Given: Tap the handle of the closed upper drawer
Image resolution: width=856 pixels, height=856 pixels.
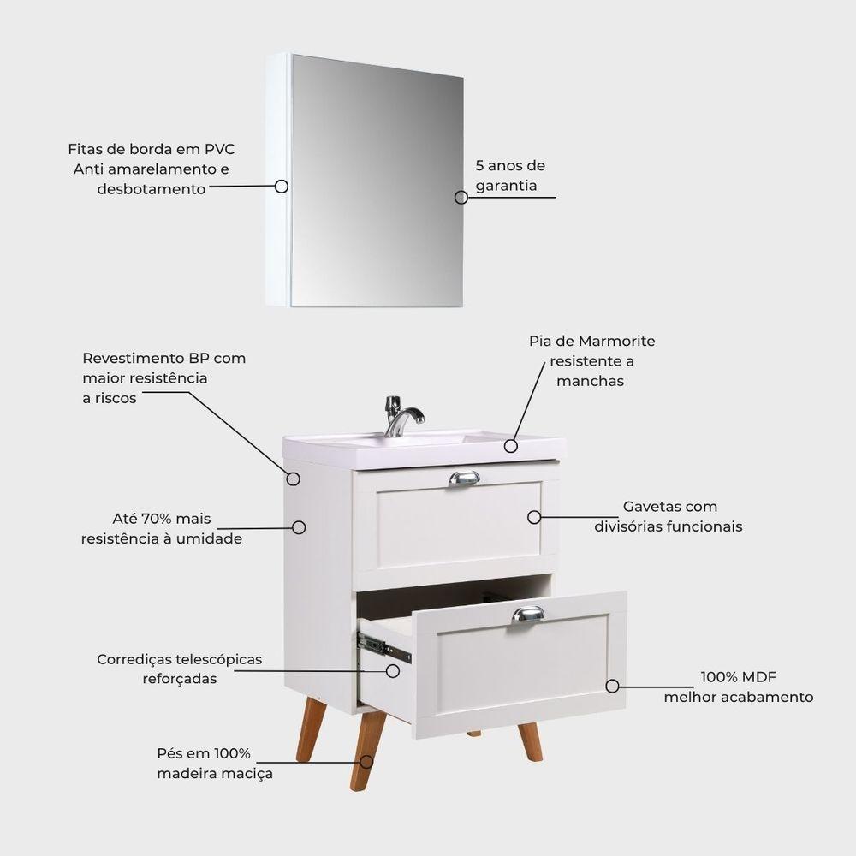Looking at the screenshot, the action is point(464,479).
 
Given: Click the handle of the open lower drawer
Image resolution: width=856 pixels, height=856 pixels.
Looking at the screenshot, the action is point(528,615).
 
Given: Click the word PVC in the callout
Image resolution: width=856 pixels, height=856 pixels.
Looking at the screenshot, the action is point(219,149).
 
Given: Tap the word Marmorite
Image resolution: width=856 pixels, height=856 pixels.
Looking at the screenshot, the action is point(617,342).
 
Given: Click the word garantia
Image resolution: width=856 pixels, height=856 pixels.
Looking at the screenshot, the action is point(506,186).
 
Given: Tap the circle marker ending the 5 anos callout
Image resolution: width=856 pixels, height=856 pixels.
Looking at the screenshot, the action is point(461,198).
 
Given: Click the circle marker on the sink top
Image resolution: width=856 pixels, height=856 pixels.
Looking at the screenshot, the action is point(510,446).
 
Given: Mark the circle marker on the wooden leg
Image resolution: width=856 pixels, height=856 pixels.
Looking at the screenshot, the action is point(367,762).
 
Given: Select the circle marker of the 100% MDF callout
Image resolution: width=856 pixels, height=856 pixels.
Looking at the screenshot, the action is point(613,687).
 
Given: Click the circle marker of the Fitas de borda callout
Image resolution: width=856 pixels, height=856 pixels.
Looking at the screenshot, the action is point(282,187).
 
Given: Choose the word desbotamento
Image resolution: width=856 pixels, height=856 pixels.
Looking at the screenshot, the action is point(152,189).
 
